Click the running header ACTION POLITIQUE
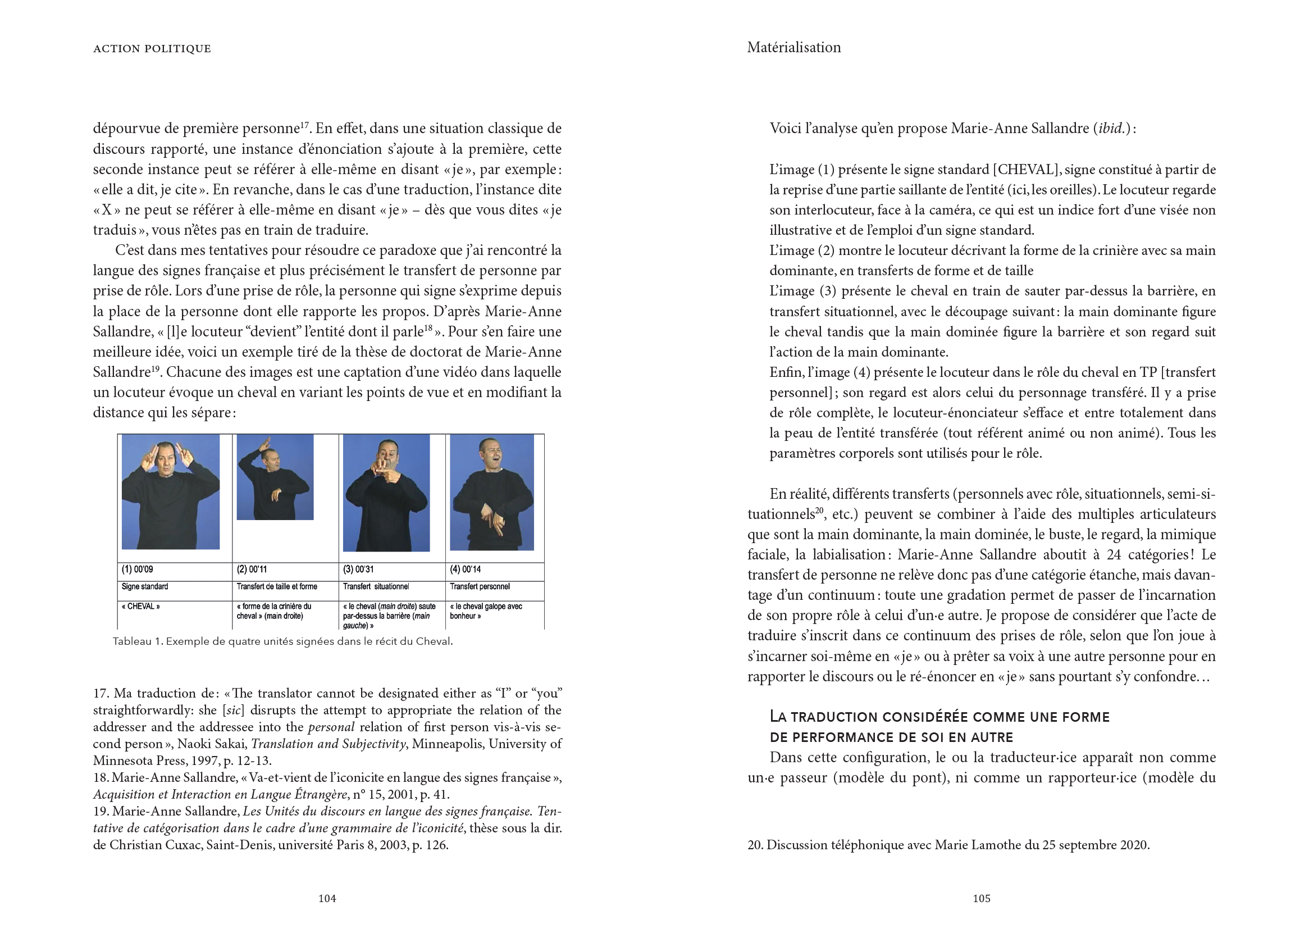(x=152, y=49)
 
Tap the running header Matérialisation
(x=793, y=48)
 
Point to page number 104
(x=327, y=899)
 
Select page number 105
(x=981, y=899)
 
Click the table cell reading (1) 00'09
(x=137, y=570)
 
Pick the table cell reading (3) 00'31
(x=356, y=570)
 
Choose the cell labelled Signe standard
(x=145, y=587)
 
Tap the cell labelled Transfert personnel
(x=479, y=587)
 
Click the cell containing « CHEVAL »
(x=141, y=607)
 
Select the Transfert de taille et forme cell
(x=277, y=587)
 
